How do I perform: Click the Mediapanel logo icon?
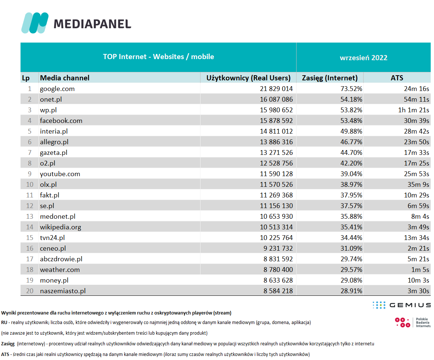(x=35, y=23)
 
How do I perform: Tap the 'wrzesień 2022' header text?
(x=363, y=58)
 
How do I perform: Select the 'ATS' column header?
(x=397, y=78)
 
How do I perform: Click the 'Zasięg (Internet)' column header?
(x=330, y=78)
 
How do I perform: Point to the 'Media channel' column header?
(x=65, y=78)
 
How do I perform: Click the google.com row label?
(x=57, y=89)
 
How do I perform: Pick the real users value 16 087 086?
(x=276, y=99)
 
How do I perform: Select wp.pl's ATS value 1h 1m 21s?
(x=413, y=110)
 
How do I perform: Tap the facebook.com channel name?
(x=61, y=121)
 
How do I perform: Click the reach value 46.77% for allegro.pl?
(x=351, y=142)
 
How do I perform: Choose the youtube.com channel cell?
(x=60, y=174)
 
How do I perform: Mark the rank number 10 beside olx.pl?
(x=30, y=185)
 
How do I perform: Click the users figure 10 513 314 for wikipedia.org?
(x=276, y=227)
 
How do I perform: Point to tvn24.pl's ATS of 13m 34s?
(x=416, y=238)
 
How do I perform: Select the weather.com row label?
(x=60, y=270)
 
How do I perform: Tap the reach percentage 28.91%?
(x=351, y=291)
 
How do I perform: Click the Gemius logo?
(x=402, y=305)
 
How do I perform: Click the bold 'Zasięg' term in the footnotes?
(x=8, y=344)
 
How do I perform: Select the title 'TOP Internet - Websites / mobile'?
(x=158, y=57)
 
